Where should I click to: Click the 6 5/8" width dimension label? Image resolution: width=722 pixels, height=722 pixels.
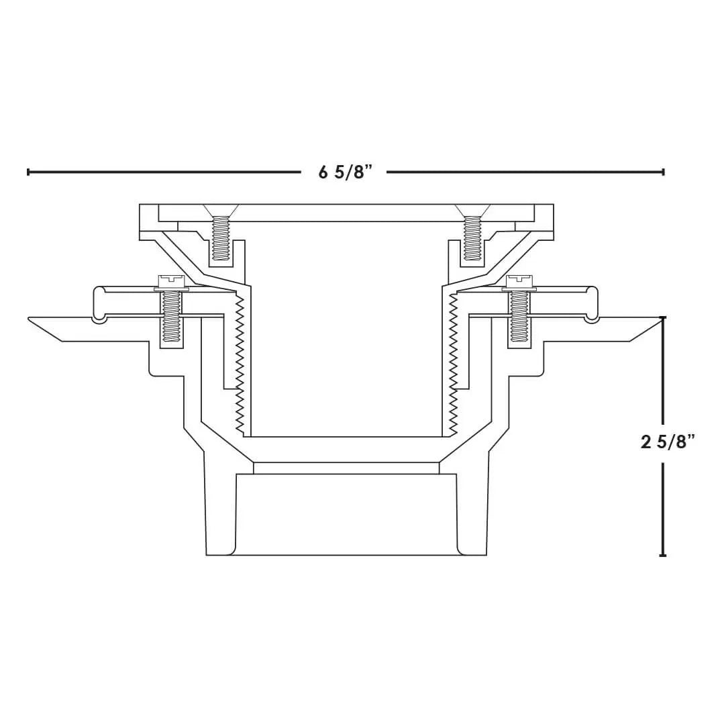tap(344, 172)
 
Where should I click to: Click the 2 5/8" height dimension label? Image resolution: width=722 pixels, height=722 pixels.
tap(667, 442)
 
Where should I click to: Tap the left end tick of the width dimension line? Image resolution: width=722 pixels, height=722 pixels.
tap(28, 172)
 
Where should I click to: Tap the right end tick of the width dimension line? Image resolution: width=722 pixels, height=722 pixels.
tap(663, 172)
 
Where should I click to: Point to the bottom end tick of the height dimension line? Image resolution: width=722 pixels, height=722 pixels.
tap(663, 555)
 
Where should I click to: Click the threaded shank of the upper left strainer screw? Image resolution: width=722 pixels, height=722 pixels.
tap(220, 238)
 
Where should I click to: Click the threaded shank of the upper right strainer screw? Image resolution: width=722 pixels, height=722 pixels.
tap(472, 238)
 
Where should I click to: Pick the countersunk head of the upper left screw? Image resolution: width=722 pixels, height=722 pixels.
tap(220, 209)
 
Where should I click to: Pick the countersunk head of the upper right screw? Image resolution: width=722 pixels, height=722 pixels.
tap(472, 209)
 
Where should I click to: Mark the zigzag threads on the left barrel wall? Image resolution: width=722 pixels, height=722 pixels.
tap(237, 362)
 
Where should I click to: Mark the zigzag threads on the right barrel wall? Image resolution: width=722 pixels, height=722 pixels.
tap(454, 362)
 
